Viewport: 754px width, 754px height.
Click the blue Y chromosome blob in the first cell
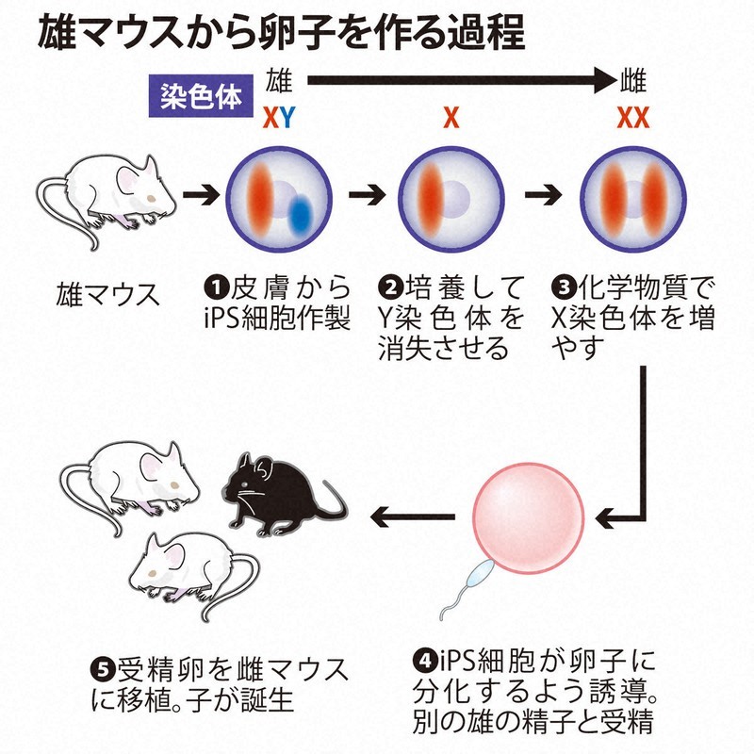[302, 212]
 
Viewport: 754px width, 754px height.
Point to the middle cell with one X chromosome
[450, 196]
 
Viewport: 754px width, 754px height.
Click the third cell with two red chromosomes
[629, 196]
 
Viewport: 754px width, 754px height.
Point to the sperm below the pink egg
[471, 584]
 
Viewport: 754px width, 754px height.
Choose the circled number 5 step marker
[105, 670]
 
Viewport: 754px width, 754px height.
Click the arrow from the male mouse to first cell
[201, 196]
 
